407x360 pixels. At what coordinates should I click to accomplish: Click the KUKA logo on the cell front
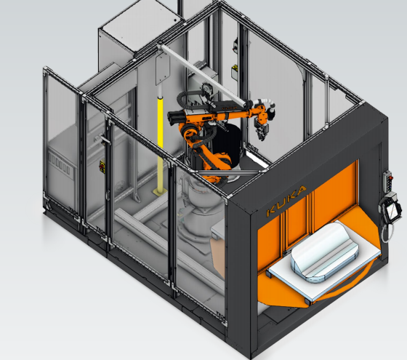click(286, 200)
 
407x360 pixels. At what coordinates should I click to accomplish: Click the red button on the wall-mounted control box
click(391, 178)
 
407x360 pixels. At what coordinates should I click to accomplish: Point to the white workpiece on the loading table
click(324, 252)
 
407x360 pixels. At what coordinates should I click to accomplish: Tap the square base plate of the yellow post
click(160, 192)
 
